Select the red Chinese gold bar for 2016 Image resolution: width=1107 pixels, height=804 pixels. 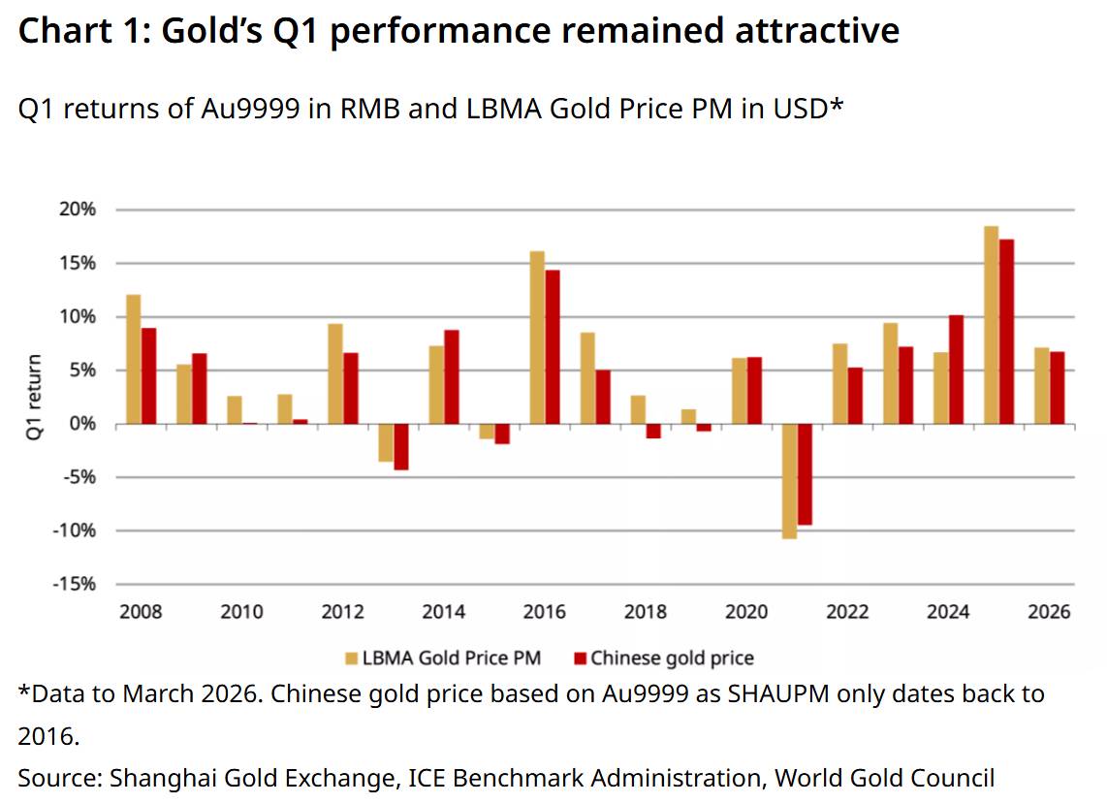pos(553,347)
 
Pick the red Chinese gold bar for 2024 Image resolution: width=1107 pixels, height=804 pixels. pos(956,370)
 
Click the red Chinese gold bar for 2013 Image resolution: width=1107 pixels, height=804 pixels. pos(401,447)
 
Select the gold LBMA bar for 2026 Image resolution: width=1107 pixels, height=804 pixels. pos(1041,385)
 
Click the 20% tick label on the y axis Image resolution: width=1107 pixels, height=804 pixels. pos(78,209)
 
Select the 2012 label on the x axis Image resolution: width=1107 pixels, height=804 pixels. pos(342,612)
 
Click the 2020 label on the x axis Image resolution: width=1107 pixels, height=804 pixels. pos(746,612)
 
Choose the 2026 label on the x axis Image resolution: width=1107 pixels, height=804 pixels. pos(1050,612)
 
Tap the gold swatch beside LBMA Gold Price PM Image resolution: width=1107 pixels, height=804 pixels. pos(352,659)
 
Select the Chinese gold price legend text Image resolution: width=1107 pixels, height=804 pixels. pos(672,659)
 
